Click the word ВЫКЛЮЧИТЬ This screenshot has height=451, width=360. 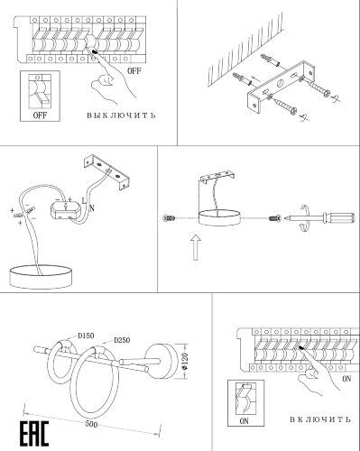[121, 115]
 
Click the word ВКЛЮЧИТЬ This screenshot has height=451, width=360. [320, 419]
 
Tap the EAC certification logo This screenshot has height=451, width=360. [34, 434]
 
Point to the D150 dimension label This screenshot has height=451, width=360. [86, 336]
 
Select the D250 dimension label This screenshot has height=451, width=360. [122, 340]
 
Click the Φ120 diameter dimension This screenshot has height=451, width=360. [185, 362]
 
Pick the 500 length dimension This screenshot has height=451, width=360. [91, 424]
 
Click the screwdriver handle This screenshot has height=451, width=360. [338, 218]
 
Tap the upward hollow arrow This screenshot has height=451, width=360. [196, 247]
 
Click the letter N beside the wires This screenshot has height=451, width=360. [92, 207]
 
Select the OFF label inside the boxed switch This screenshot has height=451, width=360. [40, 115]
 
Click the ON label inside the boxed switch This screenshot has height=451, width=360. [244, 421]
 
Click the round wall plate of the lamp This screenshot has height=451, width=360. [162, 361]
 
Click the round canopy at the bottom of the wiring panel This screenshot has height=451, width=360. [41, 277]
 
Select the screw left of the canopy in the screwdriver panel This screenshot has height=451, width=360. [169, 218]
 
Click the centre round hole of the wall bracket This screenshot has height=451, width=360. [280, 82]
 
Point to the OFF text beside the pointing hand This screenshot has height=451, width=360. [134, 71]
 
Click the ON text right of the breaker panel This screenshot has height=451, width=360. [346, 379]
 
